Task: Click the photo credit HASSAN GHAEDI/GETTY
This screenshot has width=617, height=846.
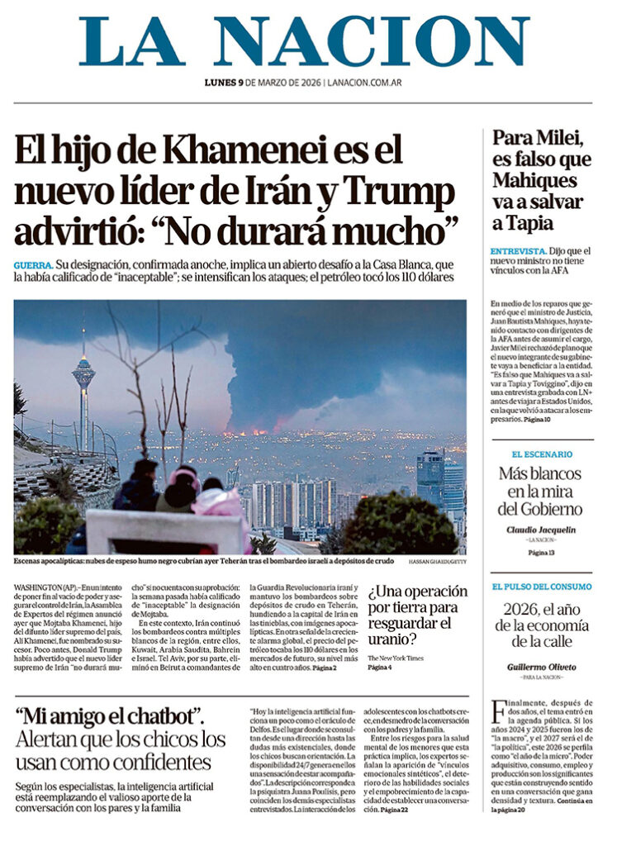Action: pos(437,562)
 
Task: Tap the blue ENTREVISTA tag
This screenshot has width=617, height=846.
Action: pos(517,250)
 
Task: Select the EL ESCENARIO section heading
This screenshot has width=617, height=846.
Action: pos(542,454)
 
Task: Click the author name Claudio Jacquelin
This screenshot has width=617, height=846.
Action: pos(542,530)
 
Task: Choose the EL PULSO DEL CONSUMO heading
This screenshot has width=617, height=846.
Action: pos(542,587)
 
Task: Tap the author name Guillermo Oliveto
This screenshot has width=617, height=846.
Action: pos(542,666)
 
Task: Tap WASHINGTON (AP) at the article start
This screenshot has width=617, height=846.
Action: pos(45,587)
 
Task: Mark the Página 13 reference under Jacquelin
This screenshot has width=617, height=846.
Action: pos(542,552)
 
